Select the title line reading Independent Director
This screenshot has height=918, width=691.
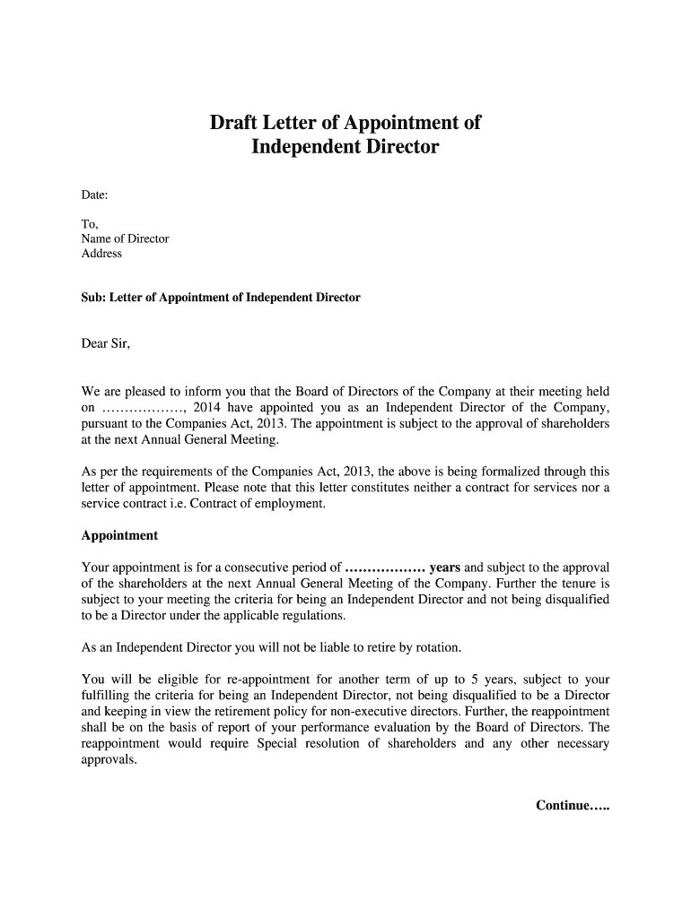(345, 146)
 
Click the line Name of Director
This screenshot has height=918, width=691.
(125, 238)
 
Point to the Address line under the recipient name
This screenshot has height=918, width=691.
(101, 254)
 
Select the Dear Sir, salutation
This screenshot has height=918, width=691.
(106, 342)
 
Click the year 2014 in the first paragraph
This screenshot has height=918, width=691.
(207, 407)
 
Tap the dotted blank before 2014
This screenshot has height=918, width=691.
(145, 408)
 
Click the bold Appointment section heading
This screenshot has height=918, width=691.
(119, 535)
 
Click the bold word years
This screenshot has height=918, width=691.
(445, 567)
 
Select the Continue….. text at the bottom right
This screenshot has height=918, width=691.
(572, 805)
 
